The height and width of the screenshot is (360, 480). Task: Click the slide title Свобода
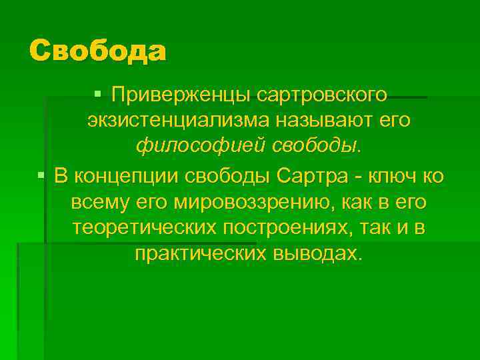[x=97, y=51]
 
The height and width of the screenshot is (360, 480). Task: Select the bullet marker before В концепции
[x=42, y=176]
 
